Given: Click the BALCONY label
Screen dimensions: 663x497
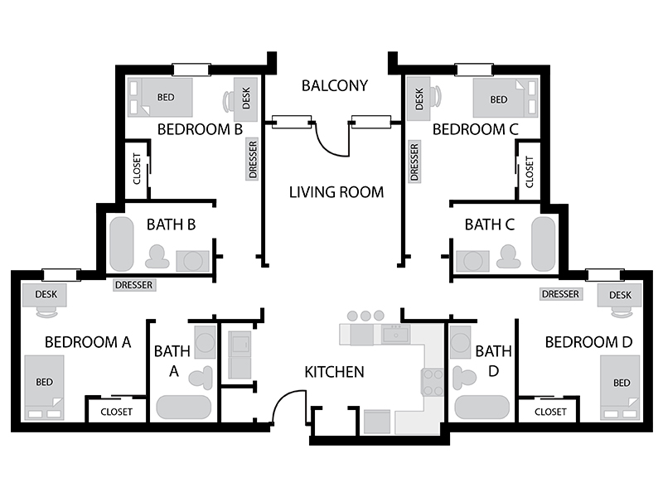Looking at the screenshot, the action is [x=335, y=86].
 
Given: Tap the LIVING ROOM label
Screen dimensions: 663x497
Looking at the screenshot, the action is [x=336, y=192].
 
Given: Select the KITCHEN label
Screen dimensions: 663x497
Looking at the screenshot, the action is [x=334, y=372].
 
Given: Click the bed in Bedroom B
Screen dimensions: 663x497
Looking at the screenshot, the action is [x=160, y=97].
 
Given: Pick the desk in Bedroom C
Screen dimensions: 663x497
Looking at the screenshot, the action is [x=419, y=99].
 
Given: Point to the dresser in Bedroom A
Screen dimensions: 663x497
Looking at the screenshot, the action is [x=134, y=285].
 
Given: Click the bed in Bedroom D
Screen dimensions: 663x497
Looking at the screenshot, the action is [x=620, y=388].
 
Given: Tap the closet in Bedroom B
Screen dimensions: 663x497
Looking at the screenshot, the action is [x=137, y=169].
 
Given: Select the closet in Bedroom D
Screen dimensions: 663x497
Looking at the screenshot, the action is [x=549, y=411].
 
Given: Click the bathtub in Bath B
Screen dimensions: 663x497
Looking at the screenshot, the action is [x=122, y=244].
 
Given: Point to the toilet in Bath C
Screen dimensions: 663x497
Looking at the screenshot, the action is [x=509, y=257].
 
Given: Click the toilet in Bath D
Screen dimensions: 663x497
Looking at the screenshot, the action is [x=464, y=378].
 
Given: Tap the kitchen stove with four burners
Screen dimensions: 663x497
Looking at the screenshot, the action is [x=432, y=382].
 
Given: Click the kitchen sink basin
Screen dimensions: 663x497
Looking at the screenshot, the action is [x=396, y=335].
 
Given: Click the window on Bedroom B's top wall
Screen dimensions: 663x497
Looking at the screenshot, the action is [x=191, y=70].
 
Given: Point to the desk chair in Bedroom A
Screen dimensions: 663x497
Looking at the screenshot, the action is [x=46, y=312].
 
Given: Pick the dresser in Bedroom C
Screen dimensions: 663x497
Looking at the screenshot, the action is [x=414, y=161].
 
